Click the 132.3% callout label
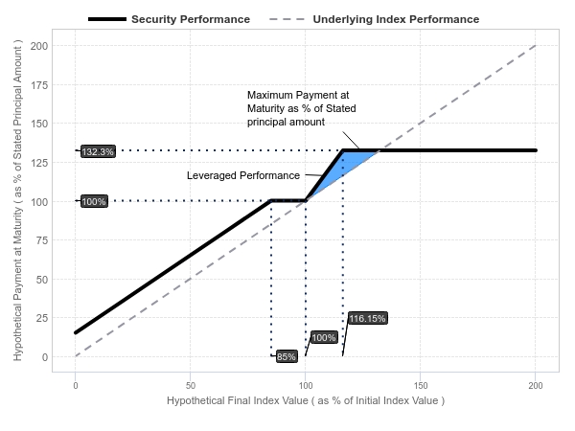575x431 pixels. [x=98, y=151]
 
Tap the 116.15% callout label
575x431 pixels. [x=367, y=318]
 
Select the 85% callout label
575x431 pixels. [x=287, y=356]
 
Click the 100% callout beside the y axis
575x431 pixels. [x=94, y=201]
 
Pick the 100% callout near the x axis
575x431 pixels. [x=324, y=337]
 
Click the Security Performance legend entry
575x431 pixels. [x=169, y=19]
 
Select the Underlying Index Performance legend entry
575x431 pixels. [x=374, y=19]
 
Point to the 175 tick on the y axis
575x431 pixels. [x=39, y=85]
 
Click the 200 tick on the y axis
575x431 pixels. [x=39, y=46]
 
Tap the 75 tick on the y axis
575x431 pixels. [x=42, y=240]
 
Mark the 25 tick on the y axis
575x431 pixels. [x=42, y=318]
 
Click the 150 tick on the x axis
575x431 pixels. [x=421, y=385]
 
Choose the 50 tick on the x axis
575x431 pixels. [x=191, y=385]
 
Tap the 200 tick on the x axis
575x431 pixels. [x=536, y=385]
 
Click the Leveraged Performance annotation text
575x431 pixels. [x=243, y=175]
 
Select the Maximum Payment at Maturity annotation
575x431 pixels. [x=302, y=108]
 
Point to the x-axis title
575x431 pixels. [x=306, y=400]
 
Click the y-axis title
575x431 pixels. [x=17, y=200]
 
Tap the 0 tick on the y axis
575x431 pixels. [x=45, y=357]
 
